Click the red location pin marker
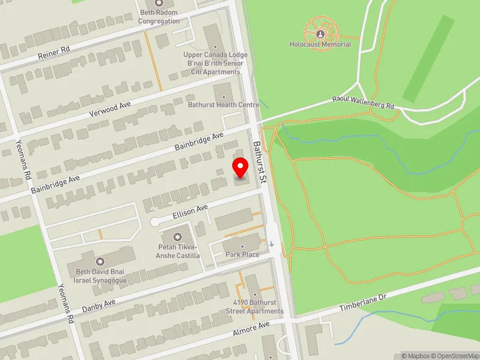(x=241, y=168)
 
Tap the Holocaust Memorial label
(x=319, y=44)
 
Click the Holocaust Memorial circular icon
(x=319, y=26)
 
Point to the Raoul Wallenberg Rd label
(x=364, y=102)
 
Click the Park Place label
(x=242, y=255)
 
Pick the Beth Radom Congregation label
(x=158, y=17)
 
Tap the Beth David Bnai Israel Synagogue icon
(x=100, y=262)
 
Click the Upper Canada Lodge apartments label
(x=215, y=64)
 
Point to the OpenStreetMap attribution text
(x=454, y=356)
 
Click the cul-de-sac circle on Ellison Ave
(x=155, y=222)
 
